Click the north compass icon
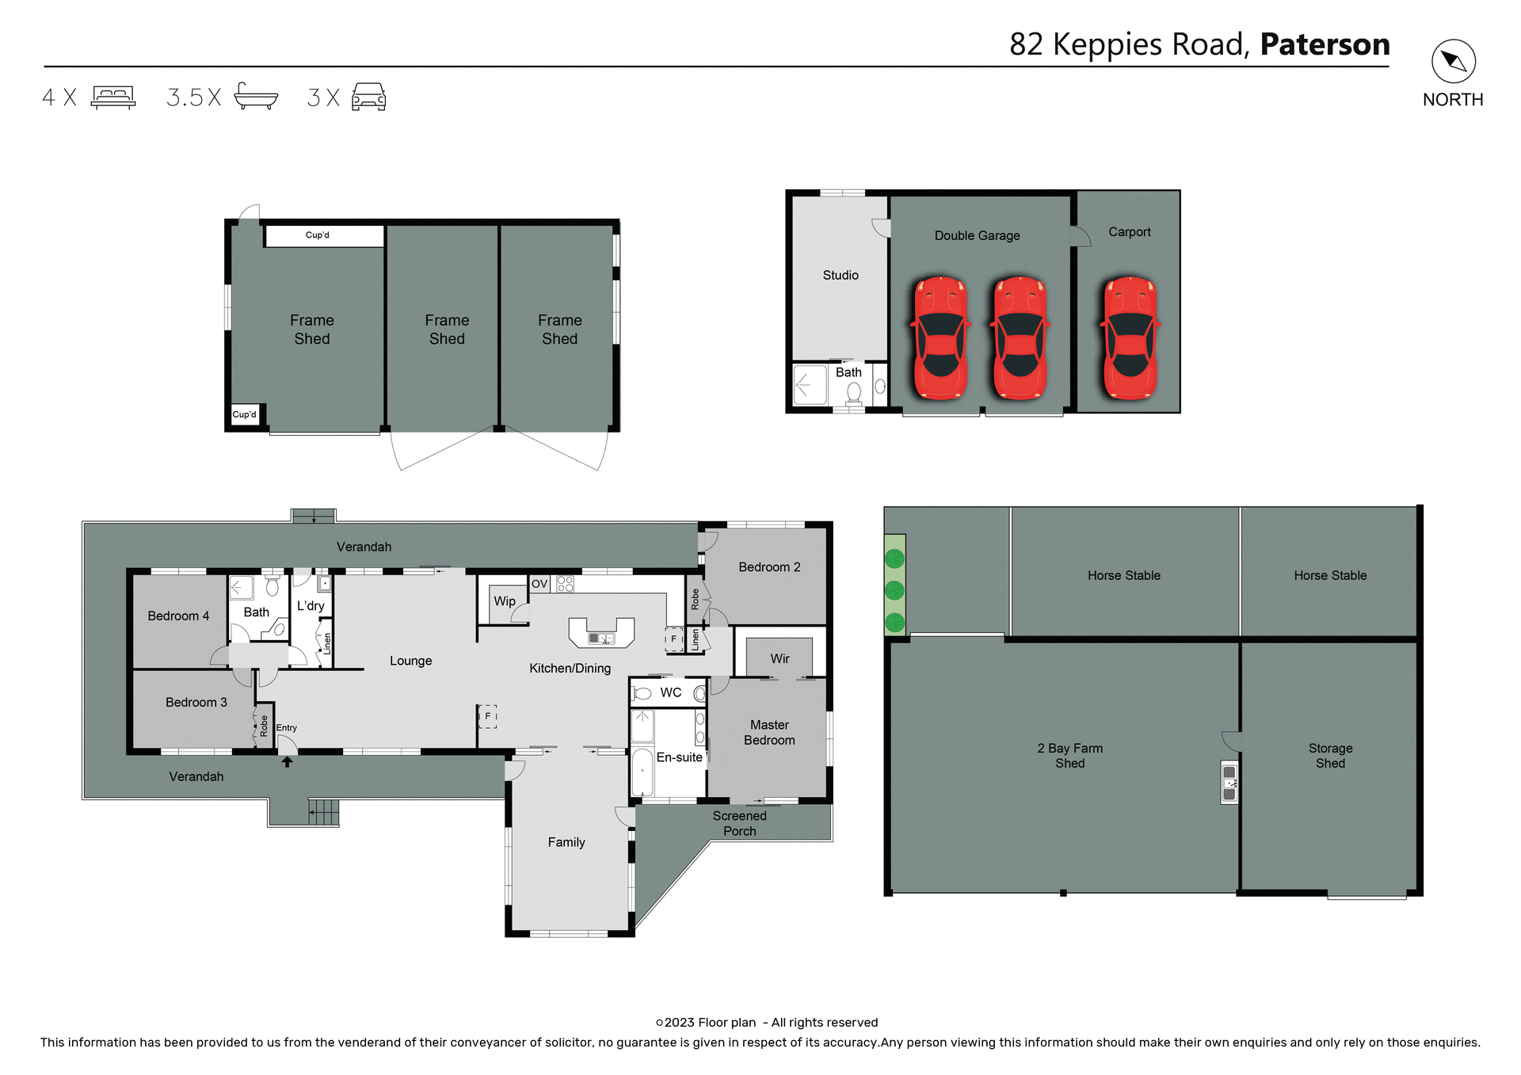[1453, 62]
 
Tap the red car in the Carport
[1130, 338]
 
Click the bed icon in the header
[113, 97]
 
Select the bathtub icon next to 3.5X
[256, 97]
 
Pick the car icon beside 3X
[368, 97]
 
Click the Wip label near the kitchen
[505, 601]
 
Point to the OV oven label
[539, 584]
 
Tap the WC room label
[670, 692]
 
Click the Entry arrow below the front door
[287, 762]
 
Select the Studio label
[840, 275]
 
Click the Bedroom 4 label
[178, 616]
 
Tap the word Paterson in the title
[1325, 44]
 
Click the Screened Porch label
[739, 823]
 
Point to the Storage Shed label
[1330, 756]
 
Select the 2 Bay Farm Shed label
[1069, 756]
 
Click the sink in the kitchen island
[601, 639]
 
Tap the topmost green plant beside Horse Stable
[894, 559]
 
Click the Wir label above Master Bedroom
[780, 659]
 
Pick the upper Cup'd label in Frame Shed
[317, 235]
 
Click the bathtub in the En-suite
[642, 772]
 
